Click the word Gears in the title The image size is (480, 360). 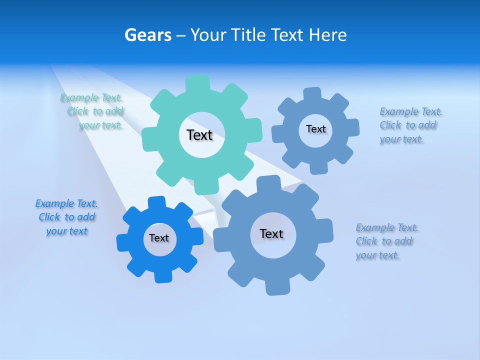click(147, 35)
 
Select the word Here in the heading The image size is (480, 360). click(327, 35)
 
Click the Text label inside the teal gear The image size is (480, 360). click(199, 135)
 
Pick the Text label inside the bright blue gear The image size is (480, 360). click(159, 238)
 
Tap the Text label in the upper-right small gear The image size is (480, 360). click(315, 129)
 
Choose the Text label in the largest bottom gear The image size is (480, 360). click(271, 233)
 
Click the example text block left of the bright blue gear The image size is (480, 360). click(66, 217)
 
